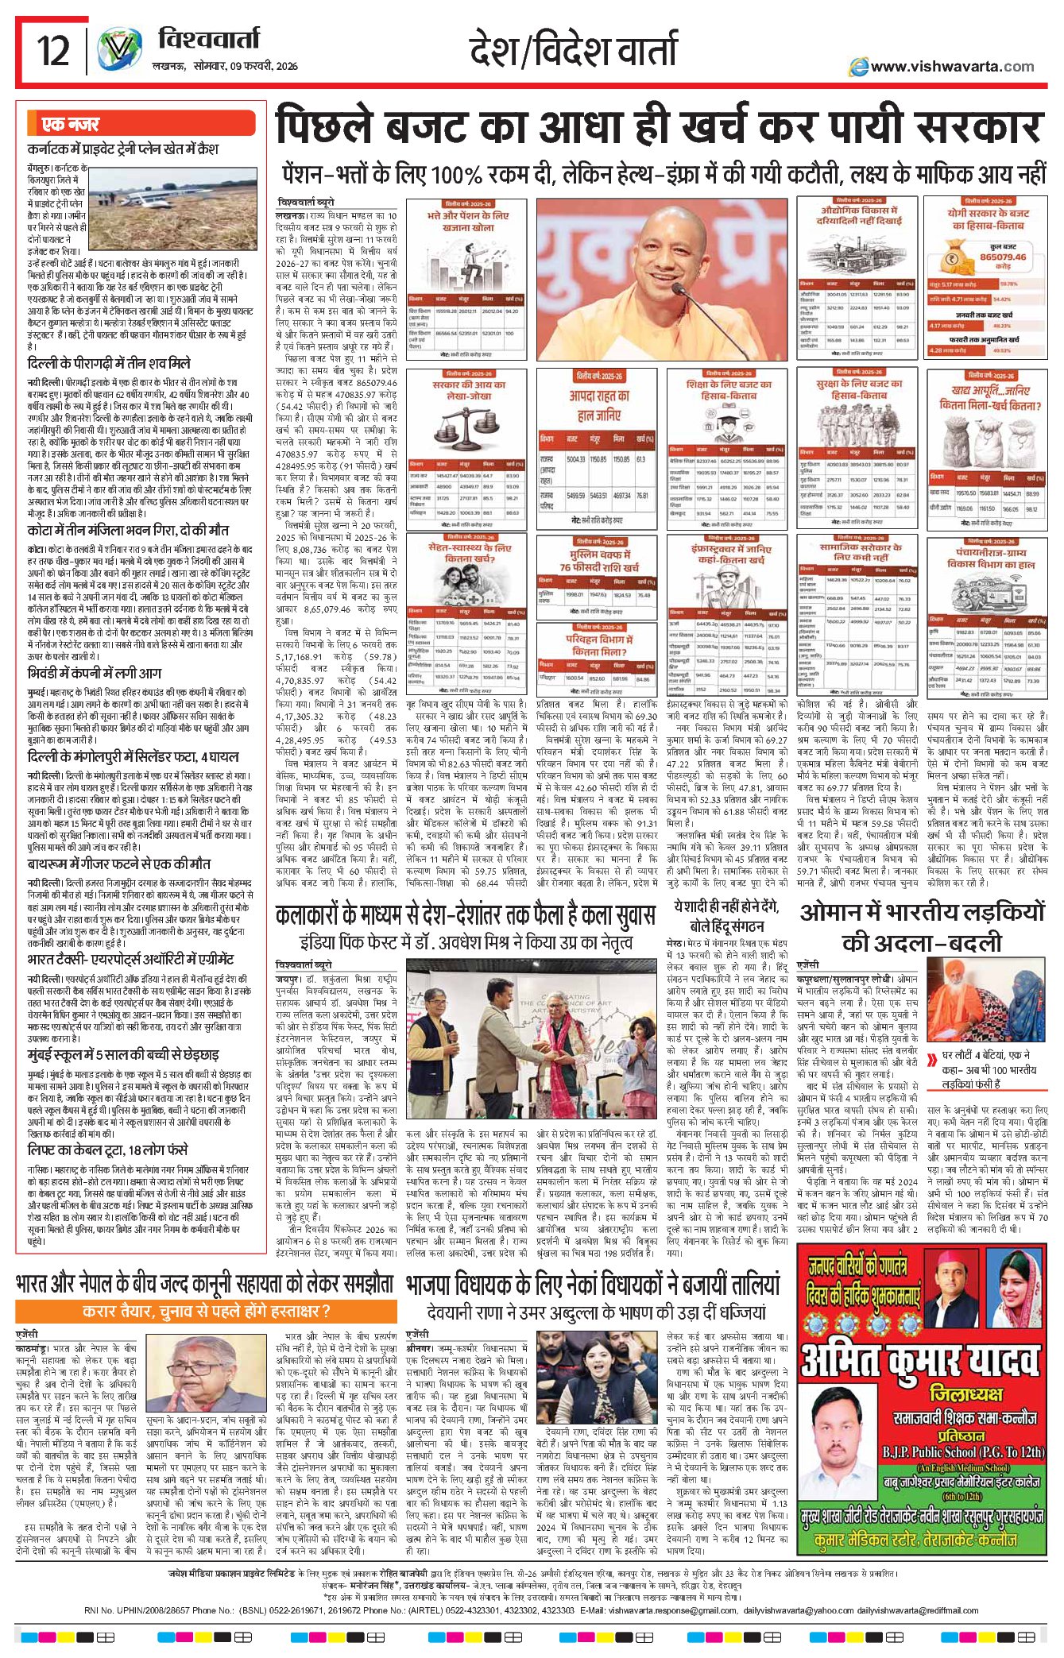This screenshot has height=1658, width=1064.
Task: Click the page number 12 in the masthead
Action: (x=53, y=51)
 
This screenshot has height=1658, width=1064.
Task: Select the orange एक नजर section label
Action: (x=72, y=124)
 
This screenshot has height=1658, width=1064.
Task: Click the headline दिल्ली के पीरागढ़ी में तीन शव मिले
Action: (x=109, y=363)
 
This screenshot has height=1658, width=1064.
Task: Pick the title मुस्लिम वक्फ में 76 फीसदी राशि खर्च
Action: (x=598, y=561)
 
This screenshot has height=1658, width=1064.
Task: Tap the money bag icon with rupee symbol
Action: (x=950, y=260)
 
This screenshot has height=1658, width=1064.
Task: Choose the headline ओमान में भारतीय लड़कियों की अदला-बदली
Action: (x=922, y=927)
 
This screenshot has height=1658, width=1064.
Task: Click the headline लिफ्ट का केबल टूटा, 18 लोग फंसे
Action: (x=107, y=1150)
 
